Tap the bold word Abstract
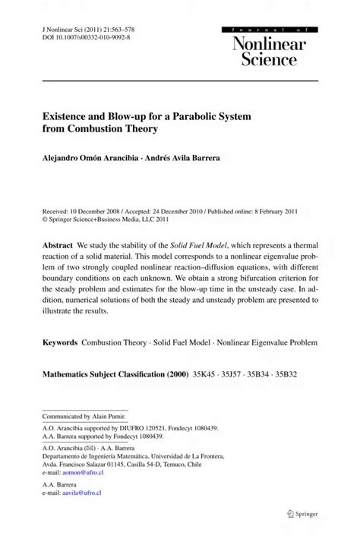pyautogui.click(x=58, y=247)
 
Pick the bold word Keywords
pyautogui.click(x=59, y=342)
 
